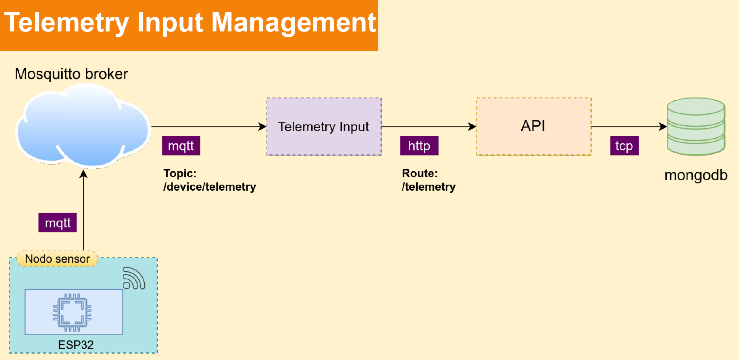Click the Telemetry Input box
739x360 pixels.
coord(324,127)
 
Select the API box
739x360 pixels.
coord(534,127)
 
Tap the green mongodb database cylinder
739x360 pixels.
coord(696,127)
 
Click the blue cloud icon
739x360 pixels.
coord(83,127)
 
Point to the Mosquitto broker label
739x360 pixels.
coord(71,74)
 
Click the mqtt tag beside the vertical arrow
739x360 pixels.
coord(58,223)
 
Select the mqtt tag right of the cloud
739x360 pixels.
coord(181,146)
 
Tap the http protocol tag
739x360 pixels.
coord(419,146)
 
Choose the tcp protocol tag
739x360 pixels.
coord(624,146)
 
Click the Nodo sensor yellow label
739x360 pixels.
coord(58,259)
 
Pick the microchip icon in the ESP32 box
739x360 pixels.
coord(72,312)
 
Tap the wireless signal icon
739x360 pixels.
coord(134,278)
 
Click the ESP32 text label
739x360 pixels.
coord(76,345)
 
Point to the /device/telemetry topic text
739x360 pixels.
coord(210,187)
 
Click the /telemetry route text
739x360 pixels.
coord(429,187)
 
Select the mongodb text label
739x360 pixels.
coord(696,175)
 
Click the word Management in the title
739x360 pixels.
coord(294,23)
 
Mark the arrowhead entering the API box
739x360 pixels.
coord(472,127)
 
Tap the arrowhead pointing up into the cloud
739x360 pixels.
coord(83,174)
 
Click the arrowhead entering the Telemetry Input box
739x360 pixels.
coord(262,127)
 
